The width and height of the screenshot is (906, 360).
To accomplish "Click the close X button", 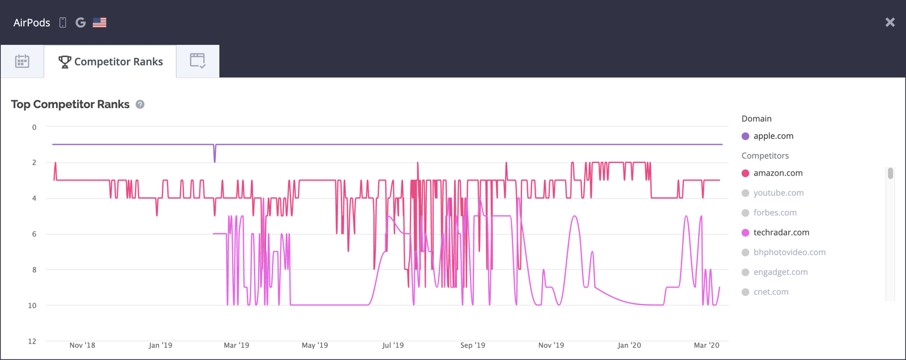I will [890, 22].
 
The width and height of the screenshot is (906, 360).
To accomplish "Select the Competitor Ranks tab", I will [110, 62].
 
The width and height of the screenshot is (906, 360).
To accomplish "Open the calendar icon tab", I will [22, 62].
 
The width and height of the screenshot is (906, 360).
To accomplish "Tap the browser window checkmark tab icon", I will [198, 61].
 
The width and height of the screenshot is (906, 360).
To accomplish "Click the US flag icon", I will [100, 23].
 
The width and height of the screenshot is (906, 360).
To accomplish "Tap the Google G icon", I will [80, 23].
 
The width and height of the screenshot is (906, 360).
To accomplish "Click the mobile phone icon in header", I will [63, 23].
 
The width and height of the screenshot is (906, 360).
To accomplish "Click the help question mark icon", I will [140, 105].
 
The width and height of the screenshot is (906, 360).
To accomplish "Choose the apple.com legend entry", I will [773, 136].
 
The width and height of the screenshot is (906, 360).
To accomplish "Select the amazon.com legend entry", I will [777, 173].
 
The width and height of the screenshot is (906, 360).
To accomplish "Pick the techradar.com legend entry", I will [781, 233].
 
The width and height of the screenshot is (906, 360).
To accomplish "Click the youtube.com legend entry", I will [778, 193].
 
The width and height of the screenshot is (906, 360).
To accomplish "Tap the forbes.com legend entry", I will [775, 213].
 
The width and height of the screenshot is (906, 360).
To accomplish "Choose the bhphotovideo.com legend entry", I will [789, 252].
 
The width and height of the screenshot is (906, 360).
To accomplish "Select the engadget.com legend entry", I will [780, 272].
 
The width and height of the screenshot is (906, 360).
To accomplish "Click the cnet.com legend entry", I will [771, 292].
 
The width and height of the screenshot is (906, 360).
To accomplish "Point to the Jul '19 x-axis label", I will [393, 345].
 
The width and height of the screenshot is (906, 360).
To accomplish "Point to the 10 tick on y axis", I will [33, 306].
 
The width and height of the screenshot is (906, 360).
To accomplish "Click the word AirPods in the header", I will [32, 23].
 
